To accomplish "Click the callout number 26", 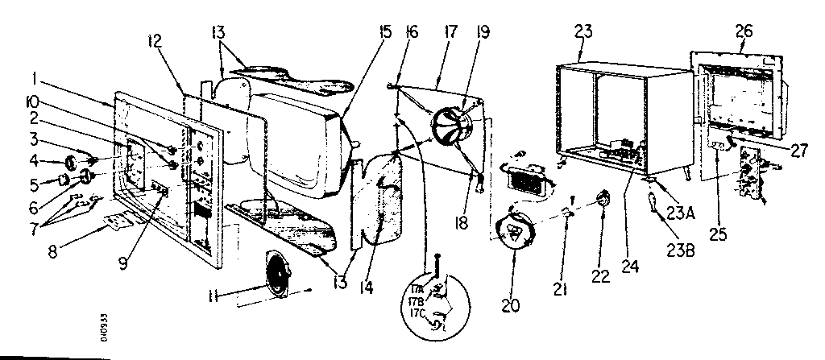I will pos(744,31).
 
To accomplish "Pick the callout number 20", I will pos(510,305).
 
